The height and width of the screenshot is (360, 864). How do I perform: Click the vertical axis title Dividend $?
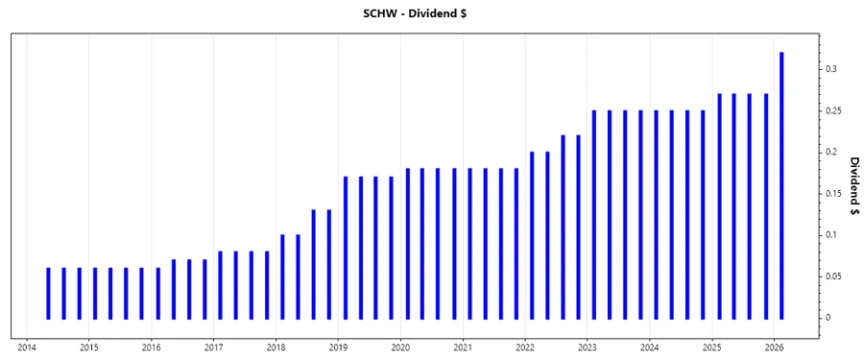click(x=852, y=184)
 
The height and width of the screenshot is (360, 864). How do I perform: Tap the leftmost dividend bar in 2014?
click(x=48, y=293)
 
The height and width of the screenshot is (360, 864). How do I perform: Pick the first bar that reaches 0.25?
click(x=594, y=214)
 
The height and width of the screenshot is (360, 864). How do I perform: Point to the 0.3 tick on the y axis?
click(x=830, y=69)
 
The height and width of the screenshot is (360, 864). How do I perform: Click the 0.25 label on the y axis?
click(x=833, y=110)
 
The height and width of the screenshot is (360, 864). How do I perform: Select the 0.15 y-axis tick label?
click(x=833, y=194)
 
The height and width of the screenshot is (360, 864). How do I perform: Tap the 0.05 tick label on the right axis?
click(x=833, y=276)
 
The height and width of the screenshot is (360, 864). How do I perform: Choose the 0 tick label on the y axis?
click(x=828, y=318)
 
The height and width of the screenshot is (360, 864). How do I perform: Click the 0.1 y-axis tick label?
click(x=830, y=235)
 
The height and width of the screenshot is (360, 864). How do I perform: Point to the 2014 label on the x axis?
click(x=27, y=348)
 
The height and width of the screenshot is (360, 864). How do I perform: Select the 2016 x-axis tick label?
click(x=152, y=348)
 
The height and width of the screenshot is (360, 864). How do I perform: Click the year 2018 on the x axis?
click(x=276, y=348)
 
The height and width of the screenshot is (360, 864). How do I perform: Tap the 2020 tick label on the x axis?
click(x=400, y=348)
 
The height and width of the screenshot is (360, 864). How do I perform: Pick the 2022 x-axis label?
click(x=525, y=348)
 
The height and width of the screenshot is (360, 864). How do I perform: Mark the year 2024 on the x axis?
click(x=650, y=348)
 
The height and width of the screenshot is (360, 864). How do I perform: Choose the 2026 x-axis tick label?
click(x=775, y=348)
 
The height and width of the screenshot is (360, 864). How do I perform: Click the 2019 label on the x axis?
click(x=338, y=348)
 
